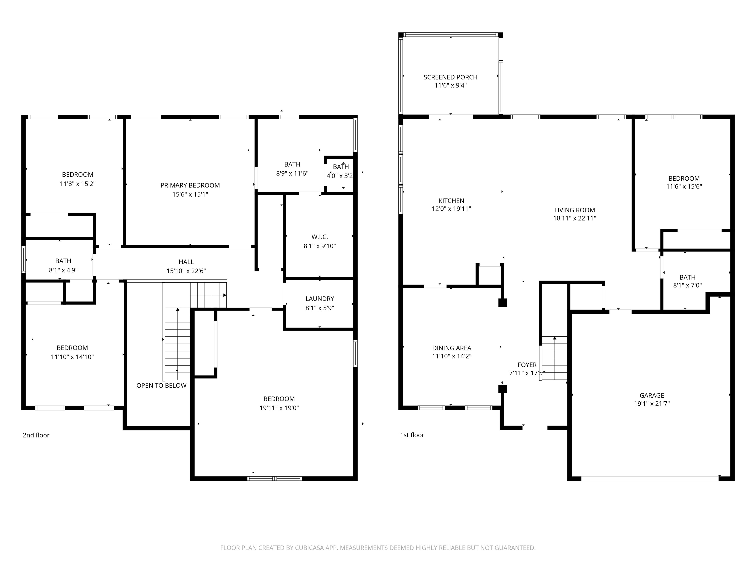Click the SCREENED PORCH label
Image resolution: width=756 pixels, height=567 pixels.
[450, 77]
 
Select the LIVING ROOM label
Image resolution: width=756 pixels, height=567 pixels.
[575, 210]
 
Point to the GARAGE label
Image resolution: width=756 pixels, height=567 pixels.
[652, 395]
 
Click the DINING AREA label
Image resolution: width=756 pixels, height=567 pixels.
[452, 348]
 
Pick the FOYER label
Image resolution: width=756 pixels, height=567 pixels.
[527, 365]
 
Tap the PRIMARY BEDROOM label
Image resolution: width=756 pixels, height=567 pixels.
[190, 185]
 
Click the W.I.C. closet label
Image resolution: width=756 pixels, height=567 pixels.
[320, 237]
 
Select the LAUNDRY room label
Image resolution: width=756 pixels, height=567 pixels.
[320, 299]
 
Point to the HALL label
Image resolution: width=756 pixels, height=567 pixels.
[186, 262]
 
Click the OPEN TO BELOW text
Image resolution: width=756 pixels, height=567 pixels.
[161, 386]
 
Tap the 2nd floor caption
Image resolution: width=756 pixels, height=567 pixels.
[36, 435]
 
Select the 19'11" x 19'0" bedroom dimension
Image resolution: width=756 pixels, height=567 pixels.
[279, 408]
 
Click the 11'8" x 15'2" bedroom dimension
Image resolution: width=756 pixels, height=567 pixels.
[78, 184]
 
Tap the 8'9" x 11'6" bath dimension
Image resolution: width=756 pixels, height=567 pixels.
[292, 173]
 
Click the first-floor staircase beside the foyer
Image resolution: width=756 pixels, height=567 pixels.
[554, 358]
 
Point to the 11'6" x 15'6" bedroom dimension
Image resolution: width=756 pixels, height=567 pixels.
[684, 186]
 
